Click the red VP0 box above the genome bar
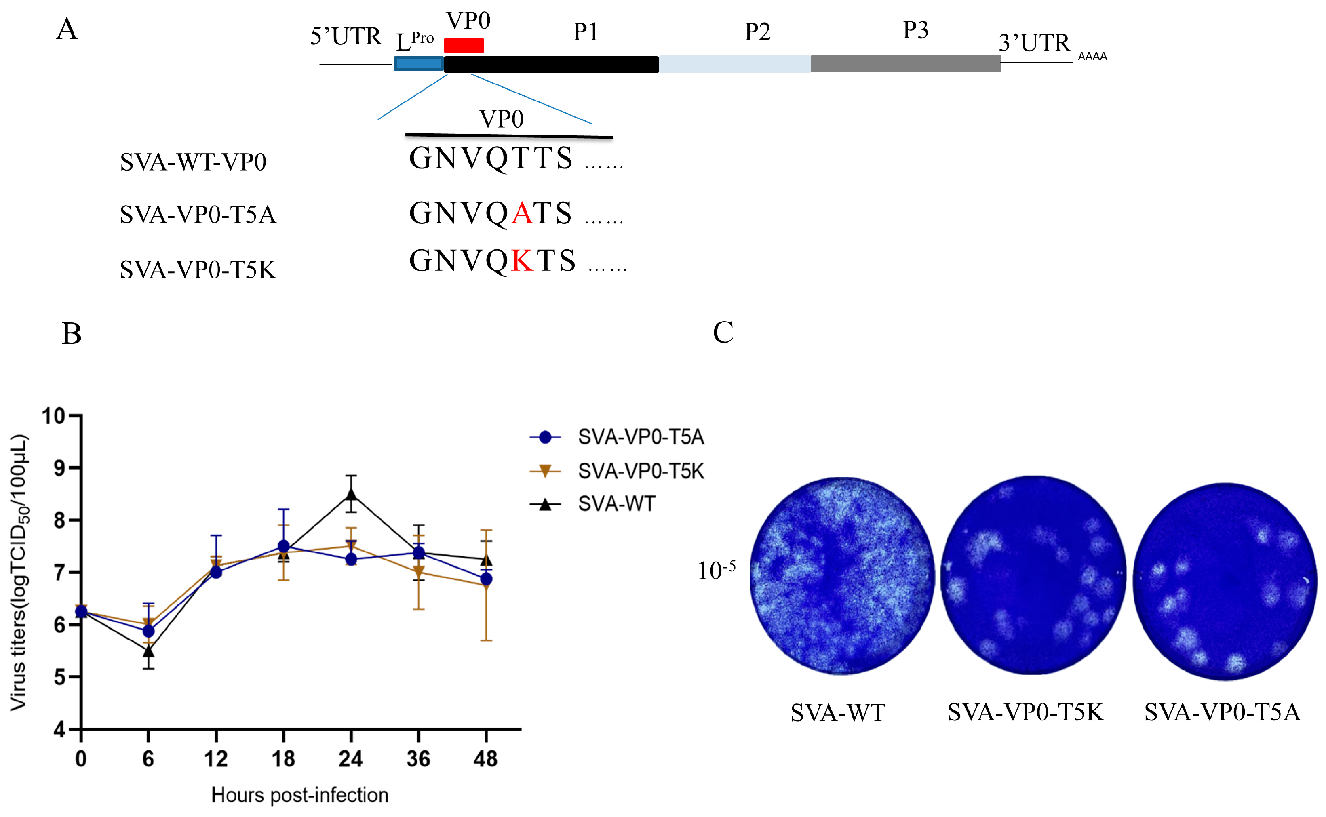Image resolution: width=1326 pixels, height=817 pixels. point(464,45)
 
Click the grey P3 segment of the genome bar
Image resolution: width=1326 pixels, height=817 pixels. point(906,64)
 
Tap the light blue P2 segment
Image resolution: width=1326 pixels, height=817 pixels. point(734,64)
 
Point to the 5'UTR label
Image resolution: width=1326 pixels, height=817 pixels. point(346,37)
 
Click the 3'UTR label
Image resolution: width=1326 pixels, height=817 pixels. point(1034,43)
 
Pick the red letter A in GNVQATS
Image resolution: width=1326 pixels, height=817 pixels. point(522,213)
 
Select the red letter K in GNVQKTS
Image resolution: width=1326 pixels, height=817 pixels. point(522,261)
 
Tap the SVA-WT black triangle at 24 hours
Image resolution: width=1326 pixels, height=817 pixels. point(351,495)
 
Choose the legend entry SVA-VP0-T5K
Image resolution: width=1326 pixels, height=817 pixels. point(641,471)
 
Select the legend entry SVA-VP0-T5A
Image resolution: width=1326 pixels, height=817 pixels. point(641,437)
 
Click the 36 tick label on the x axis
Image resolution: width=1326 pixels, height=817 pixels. point(418,759)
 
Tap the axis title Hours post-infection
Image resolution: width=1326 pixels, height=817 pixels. point(300,795)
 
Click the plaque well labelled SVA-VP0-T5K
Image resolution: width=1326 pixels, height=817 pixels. point(1033,575)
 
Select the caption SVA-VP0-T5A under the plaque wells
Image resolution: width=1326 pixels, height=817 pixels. point(1222,712)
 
